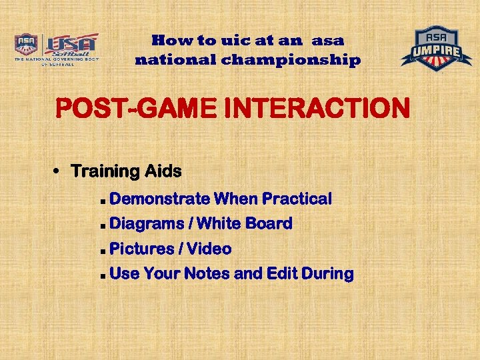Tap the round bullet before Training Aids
[x=58, y=171]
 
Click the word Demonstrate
[x=160, y=199]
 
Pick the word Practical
[x=297, y=199]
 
